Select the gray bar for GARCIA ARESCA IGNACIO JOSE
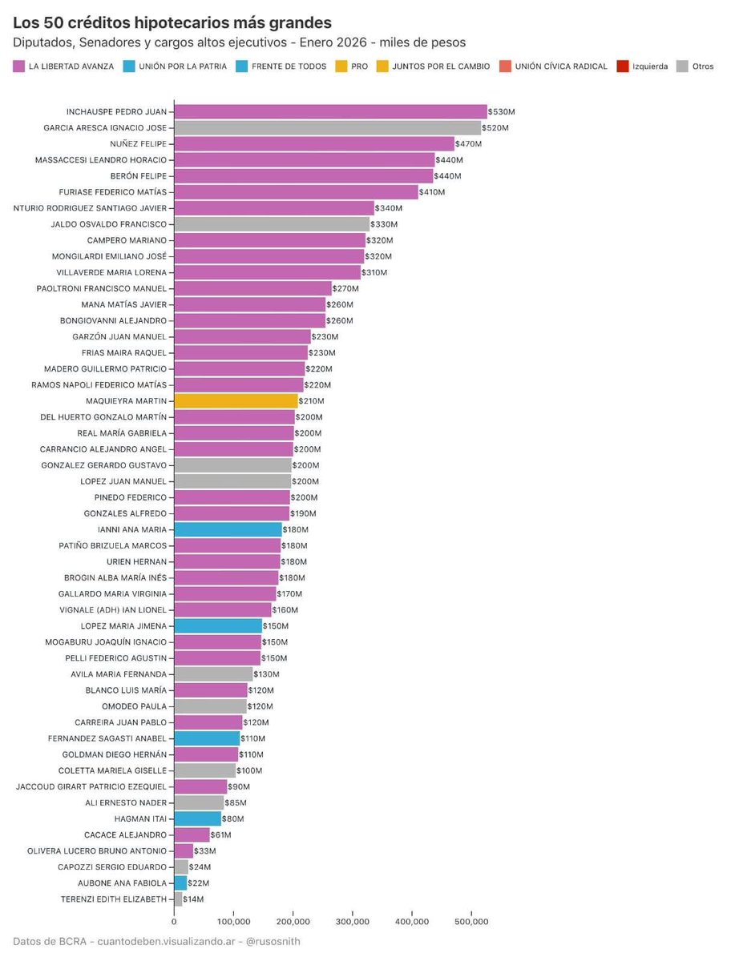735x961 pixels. tap(327, 128)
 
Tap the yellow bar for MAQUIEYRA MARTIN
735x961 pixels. tap(236, 401)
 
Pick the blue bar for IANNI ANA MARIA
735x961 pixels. tap(228, 529)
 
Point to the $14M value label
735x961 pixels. tap(194, 899)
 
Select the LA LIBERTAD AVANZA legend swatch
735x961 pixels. tap(19, 66)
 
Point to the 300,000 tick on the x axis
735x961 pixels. tap(353, 922)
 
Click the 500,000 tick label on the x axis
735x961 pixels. tap(471, 922)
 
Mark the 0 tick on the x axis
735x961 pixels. tap(174, 922)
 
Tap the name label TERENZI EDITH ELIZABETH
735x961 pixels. tap(114, 899)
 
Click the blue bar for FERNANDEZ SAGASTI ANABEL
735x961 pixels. tap(207, 738)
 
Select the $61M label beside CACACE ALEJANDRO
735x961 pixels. tap(221, 834)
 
